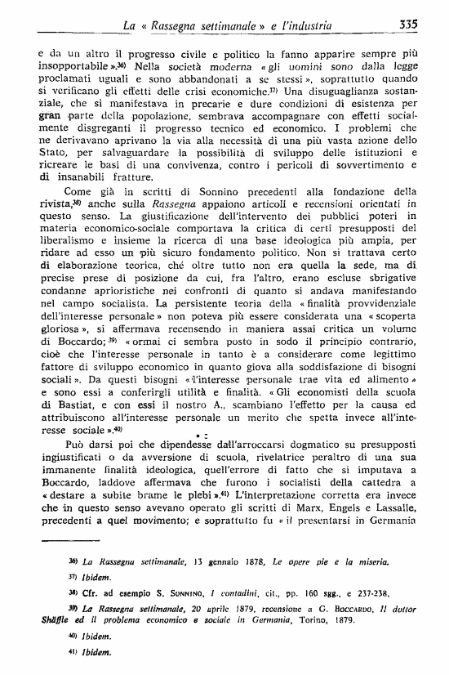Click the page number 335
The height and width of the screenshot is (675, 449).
(x=409, y=25)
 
